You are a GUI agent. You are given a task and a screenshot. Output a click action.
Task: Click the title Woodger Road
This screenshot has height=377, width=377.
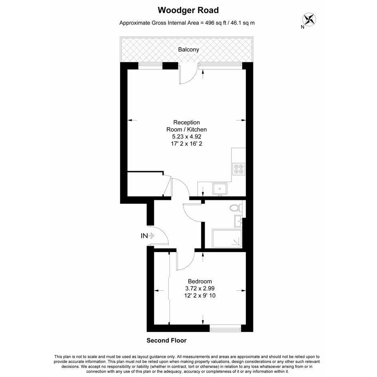click(x=188, y=10)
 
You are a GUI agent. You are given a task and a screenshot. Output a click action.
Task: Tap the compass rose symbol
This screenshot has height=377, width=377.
click(x=309, y=19)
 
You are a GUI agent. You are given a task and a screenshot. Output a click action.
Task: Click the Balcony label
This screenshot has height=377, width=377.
click(x=188, y=49)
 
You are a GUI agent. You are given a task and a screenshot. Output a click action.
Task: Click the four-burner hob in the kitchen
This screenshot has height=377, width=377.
click(x=239, y=169)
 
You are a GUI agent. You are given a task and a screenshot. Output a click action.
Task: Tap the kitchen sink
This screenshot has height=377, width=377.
click(x=220, y=189)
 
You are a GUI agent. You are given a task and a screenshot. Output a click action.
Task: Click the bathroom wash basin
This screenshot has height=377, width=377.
click(x=238, y=221)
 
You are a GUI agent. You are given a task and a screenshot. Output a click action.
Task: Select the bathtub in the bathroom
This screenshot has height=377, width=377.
click(x=227, y=239)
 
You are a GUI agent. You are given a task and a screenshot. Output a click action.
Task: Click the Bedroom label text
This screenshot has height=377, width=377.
click(x=200, y=281)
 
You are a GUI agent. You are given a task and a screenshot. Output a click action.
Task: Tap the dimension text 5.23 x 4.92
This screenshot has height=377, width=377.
click(x=187, y=136)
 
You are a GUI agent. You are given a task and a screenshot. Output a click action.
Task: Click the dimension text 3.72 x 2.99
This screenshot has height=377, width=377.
click(x=200, y=288)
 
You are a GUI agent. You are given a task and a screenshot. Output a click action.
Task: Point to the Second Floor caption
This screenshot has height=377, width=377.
click(x=166, y=340)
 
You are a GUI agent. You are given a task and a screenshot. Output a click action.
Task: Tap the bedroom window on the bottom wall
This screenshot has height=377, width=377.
click(x=225, y=328)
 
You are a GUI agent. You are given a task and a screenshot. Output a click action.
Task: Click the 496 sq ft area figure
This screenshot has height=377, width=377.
click(x=214, y=23)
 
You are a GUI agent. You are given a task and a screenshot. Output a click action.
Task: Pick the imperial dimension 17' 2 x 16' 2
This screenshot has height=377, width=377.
click(x=187, y=144)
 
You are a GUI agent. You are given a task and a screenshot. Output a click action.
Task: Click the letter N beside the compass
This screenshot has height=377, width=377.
click(x=302, y=27)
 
